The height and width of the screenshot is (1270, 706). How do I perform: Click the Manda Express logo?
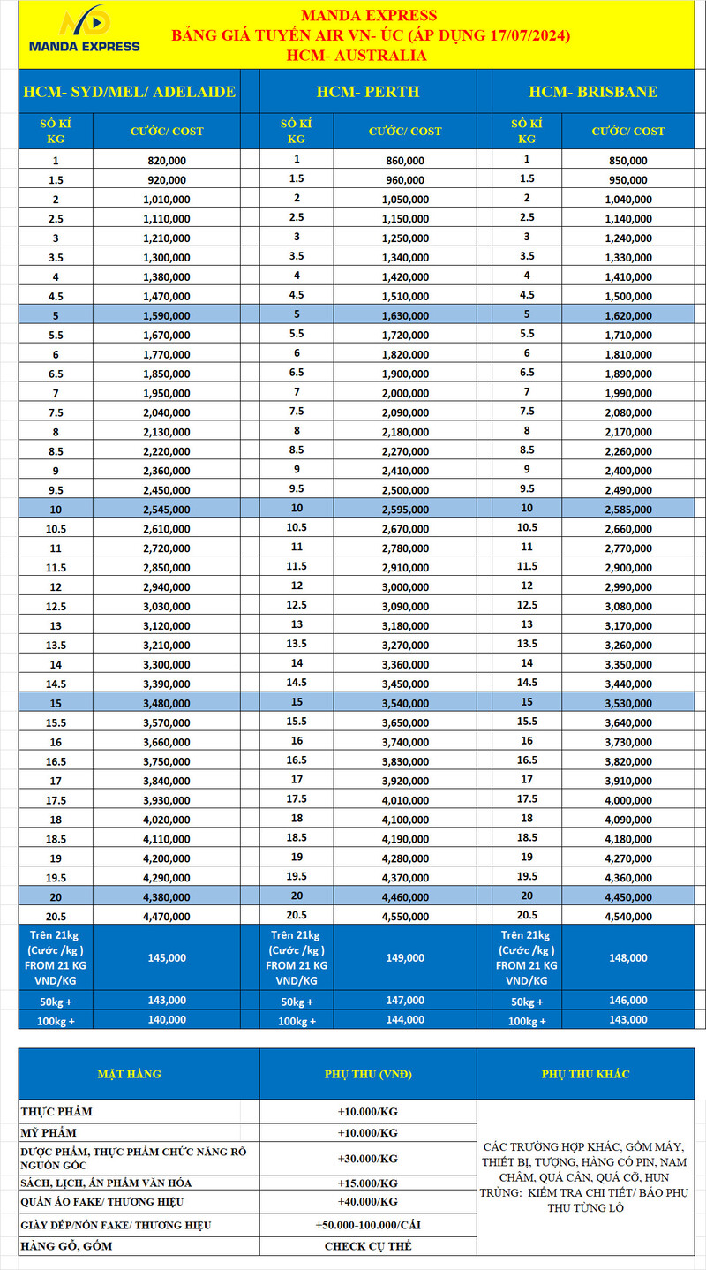pos(84,32)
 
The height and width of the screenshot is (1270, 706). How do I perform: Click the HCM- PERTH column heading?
pos(368,92)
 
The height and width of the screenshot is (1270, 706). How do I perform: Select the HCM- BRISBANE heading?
pos(593,92)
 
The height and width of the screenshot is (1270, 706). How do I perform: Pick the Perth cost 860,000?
pos(405,161)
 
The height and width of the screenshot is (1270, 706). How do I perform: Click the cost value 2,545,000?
pos(166,510)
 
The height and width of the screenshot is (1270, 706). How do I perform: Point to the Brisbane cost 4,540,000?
pos(629,916)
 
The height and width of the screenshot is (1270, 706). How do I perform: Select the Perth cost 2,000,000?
pos(405,393)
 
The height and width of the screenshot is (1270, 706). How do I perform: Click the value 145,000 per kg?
pos(166,957)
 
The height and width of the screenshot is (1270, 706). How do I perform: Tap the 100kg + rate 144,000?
pos(405,1019)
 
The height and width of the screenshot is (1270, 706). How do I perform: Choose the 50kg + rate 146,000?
pos(629,1001)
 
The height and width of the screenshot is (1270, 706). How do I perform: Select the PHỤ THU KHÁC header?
pos(590,1074)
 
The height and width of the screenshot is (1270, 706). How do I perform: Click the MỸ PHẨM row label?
pos(49,1132)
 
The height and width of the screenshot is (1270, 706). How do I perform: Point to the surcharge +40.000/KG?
pos(368,1202)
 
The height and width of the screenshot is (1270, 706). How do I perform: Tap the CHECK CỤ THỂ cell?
pos(368,1246)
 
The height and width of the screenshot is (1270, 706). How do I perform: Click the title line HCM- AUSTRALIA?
pos(357,56)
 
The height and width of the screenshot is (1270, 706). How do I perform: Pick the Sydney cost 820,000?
pos(166,161)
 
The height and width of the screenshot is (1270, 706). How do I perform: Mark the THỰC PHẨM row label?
pos(56,1111)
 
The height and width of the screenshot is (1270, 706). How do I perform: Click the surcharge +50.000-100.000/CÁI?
pos(368,1225)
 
